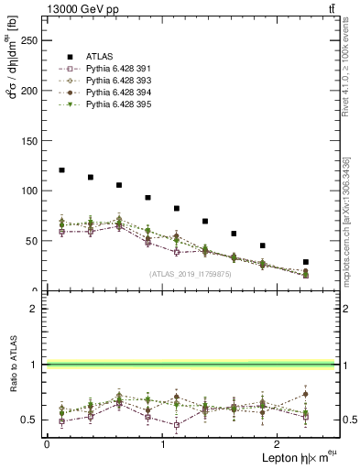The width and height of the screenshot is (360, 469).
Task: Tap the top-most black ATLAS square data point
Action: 61,170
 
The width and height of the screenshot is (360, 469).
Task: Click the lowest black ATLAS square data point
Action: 306,262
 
